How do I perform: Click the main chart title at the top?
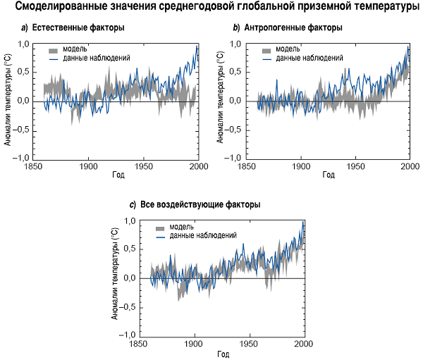pyautogui.click(x=212, y=8)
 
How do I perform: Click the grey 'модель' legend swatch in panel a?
pyautogui.click(x=54, y=50)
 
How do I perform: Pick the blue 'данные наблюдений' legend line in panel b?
pyautogui.click(x=265, y=58)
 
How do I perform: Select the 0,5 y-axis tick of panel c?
pyautogui.click(x=128, y=250)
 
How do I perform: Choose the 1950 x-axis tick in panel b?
pyautogui.click(x=355, y=166)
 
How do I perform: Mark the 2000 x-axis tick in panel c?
pyautogui.click(x=303, y=343)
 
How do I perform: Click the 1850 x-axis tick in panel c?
pyautogui.click(x=140, y=343)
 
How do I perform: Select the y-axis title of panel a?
pyautogui.click(x=8, y=101)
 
